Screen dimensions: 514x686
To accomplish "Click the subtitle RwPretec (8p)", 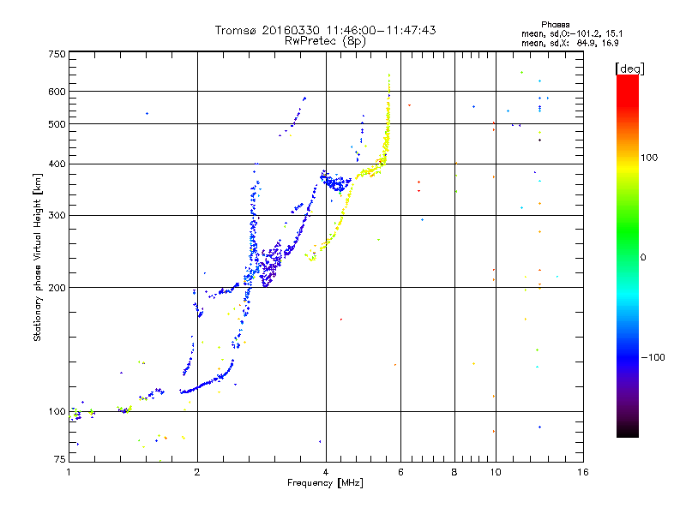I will coord(326,40).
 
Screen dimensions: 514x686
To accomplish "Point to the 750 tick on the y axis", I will coord(57,54).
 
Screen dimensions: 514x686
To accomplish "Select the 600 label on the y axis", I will coord(57,92).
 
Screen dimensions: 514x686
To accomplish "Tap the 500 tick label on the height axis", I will coord(57,124).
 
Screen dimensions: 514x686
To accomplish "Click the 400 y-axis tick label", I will coord(57,164).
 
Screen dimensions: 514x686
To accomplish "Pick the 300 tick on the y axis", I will coord(57,215).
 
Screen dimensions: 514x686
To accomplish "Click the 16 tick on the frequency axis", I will coord(582,472).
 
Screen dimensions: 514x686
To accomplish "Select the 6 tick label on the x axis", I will coord(401,472).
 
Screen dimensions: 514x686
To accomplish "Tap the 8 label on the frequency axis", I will coord(454,472).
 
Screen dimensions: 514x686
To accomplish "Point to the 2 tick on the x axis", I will coord(197,472).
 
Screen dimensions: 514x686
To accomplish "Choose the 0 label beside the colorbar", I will coord(644,257).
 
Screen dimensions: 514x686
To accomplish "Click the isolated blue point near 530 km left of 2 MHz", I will coord(147,113).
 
